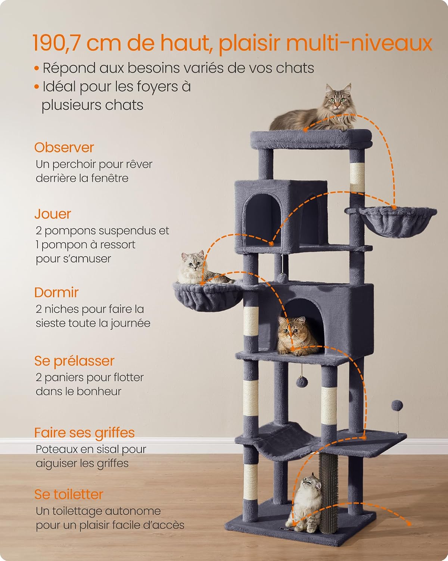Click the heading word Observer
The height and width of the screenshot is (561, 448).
[64, 148]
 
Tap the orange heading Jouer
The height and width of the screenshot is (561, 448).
[53, 214]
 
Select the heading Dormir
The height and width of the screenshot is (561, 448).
[56, 292]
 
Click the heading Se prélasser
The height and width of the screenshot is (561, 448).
[74, 361]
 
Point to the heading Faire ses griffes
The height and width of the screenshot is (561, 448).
[84, 433]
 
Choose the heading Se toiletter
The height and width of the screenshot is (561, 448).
[69, 494]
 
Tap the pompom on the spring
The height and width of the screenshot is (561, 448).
[397, 406]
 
